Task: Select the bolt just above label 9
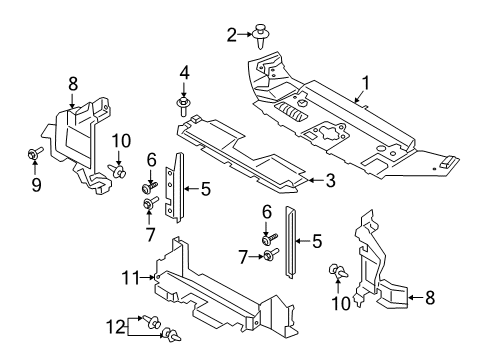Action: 32,153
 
